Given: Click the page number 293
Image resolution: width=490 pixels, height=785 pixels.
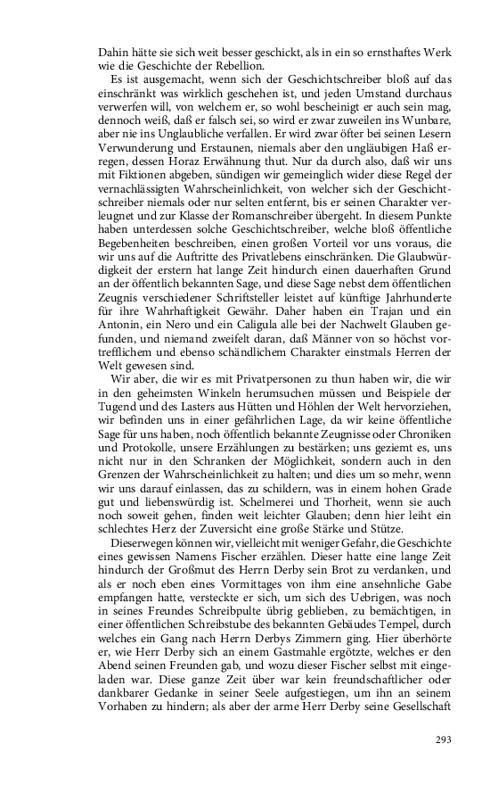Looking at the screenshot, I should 444,740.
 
